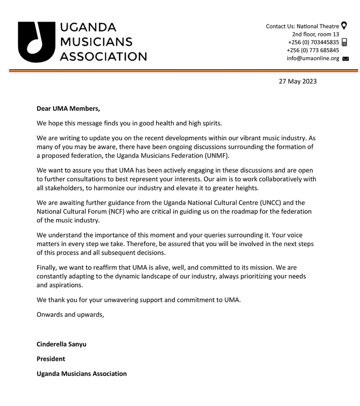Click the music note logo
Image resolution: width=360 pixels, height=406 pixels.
coord(36,42)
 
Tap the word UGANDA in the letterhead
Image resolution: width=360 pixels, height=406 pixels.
coord(88,27)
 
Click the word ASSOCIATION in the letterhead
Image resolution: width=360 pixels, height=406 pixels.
coord(103,56)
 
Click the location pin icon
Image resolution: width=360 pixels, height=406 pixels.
coord(344,26)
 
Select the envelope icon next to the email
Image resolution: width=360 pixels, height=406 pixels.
coord(345,59)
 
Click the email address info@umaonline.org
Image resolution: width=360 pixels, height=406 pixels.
coord(313,59)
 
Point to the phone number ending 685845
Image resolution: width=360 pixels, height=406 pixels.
coord(313,50)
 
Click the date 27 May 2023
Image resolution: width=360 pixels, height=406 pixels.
coord(297,81)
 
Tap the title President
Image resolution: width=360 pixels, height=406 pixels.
coord(51,359)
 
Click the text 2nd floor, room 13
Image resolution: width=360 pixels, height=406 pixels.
coord(315,34)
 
